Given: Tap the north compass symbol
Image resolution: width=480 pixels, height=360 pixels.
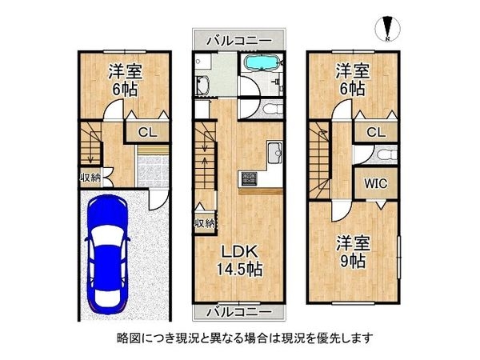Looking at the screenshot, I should pyautogui.click(x=386, y=28).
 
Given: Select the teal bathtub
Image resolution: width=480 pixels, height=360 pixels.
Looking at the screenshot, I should pyautogui.click(x=261, y=65).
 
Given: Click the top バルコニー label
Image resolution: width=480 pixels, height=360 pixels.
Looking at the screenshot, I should pyautogui.click(x=237, y=40).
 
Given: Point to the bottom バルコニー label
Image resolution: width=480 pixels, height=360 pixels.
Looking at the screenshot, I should pyautogui.click(x=237, y=310).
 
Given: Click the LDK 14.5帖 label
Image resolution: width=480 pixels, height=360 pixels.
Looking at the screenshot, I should pyautogui.click(x=239, y=259).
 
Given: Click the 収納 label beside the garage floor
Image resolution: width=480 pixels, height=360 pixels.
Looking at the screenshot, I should pyautogui.click(x=90, y=178).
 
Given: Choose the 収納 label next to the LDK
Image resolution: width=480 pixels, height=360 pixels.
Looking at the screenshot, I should pyautogui.click(x=204, y=223).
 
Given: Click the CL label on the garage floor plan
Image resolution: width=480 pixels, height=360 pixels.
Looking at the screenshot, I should pyautogui.click(x=148, y=134).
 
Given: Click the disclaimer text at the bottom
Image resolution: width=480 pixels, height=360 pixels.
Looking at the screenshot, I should pyautogui.click(x=239, y=337).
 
